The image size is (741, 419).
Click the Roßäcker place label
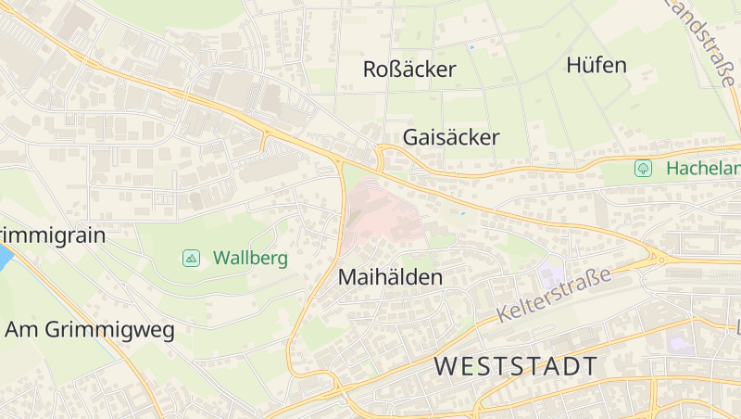[x=409, y=70]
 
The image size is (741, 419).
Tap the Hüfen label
[x=596, y=66]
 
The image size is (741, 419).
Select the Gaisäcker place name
[x=451, y=138]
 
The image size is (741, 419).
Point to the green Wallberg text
[x=250, y=258]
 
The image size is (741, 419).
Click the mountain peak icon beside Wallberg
[x=191, y=258]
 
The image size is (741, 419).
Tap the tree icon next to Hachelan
[x=643, y=169]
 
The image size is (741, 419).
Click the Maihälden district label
[x=390, y=277]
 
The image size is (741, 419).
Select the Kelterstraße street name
[x=554, y=295]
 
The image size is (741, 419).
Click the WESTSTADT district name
[x=516, y=366]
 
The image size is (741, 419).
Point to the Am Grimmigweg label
[x=90, y=330]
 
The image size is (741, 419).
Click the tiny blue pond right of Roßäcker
[x=471, y=46]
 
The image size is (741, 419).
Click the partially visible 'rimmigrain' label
[x=53, y=235]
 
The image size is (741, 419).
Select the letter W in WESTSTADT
[x=446, y=366]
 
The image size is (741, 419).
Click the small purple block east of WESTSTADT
[x=680, y=343]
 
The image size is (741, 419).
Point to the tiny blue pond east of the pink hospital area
[x=462, y=213]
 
